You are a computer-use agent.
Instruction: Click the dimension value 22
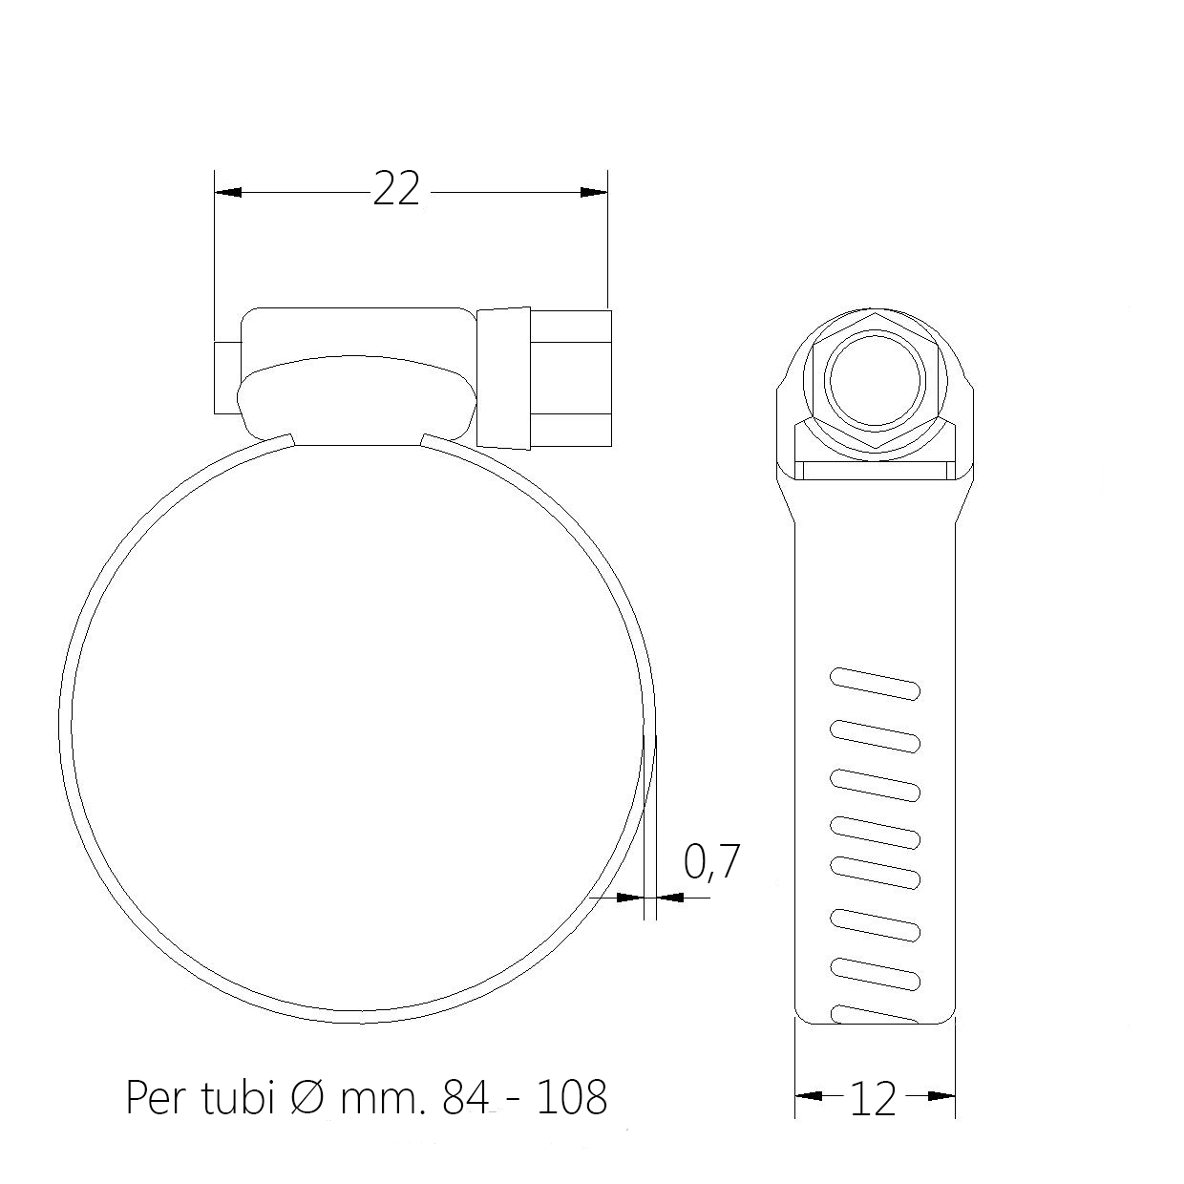[x=396, y=189]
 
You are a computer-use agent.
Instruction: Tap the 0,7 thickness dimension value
[x=711, y=862]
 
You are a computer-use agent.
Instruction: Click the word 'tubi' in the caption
[x=237, y=1097]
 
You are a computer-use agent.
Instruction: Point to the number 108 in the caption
[x=572, y=1097]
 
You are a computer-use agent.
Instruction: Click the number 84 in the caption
[x=466, y=1097]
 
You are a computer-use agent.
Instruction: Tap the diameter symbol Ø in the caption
[x=306, y=1097]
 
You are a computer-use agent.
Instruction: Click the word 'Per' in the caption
[x=157, y=1097]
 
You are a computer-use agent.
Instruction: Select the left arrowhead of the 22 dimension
[x=228, y=192]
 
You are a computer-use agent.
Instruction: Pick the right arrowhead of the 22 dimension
[x=594, y=192]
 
